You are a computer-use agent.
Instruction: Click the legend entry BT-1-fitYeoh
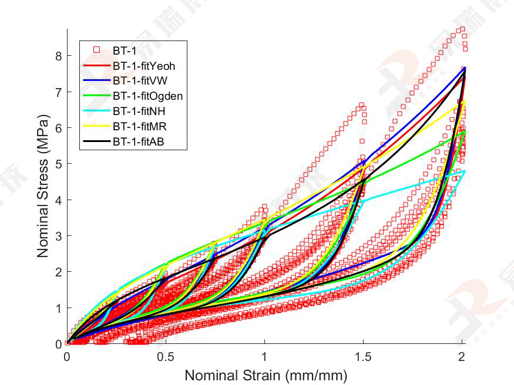pos(144,66)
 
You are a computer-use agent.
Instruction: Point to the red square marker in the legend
pos(97,50)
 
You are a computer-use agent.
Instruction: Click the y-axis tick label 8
pos(58,56)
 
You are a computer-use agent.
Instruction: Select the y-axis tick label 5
pos(58,164)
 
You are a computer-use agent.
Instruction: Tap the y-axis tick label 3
pos(58,236)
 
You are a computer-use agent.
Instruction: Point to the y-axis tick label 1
pos(58,308)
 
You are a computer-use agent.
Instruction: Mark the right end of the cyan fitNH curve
pos(465,171)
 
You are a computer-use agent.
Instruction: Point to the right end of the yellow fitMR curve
pos(464,102)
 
